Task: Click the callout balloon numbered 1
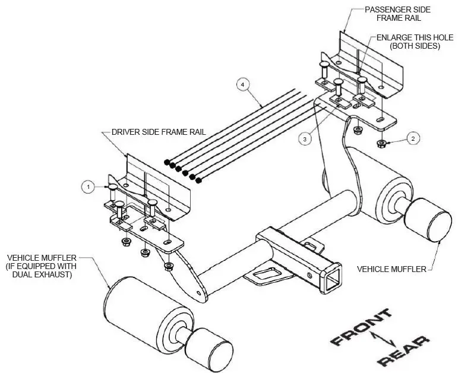[x=88, y=186]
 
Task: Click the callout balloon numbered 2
[x=414, y=138]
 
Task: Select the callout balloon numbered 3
[x=304, y=138]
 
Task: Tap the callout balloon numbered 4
[x=242, y=84]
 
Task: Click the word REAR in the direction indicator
[x=403, y=350]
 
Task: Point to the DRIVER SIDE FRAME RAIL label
[x=158, y=132]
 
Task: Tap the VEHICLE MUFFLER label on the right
[x=391, y=269]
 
